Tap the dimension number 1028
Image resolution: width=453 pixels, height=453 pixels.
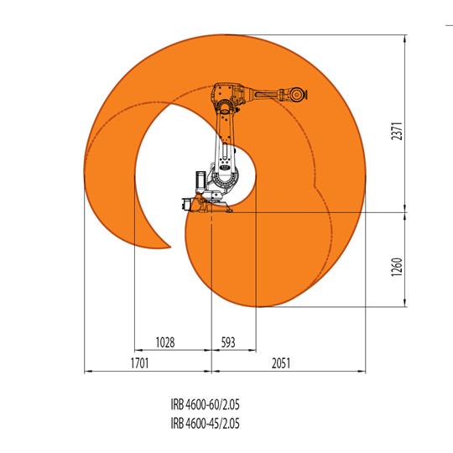click(x=165, y=342)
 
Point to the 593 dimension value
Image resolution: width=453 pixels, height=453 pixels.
click(x=231, y=342)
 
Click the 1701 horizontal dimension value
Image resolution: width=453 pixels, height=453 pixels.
click(x=139, y=364)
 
